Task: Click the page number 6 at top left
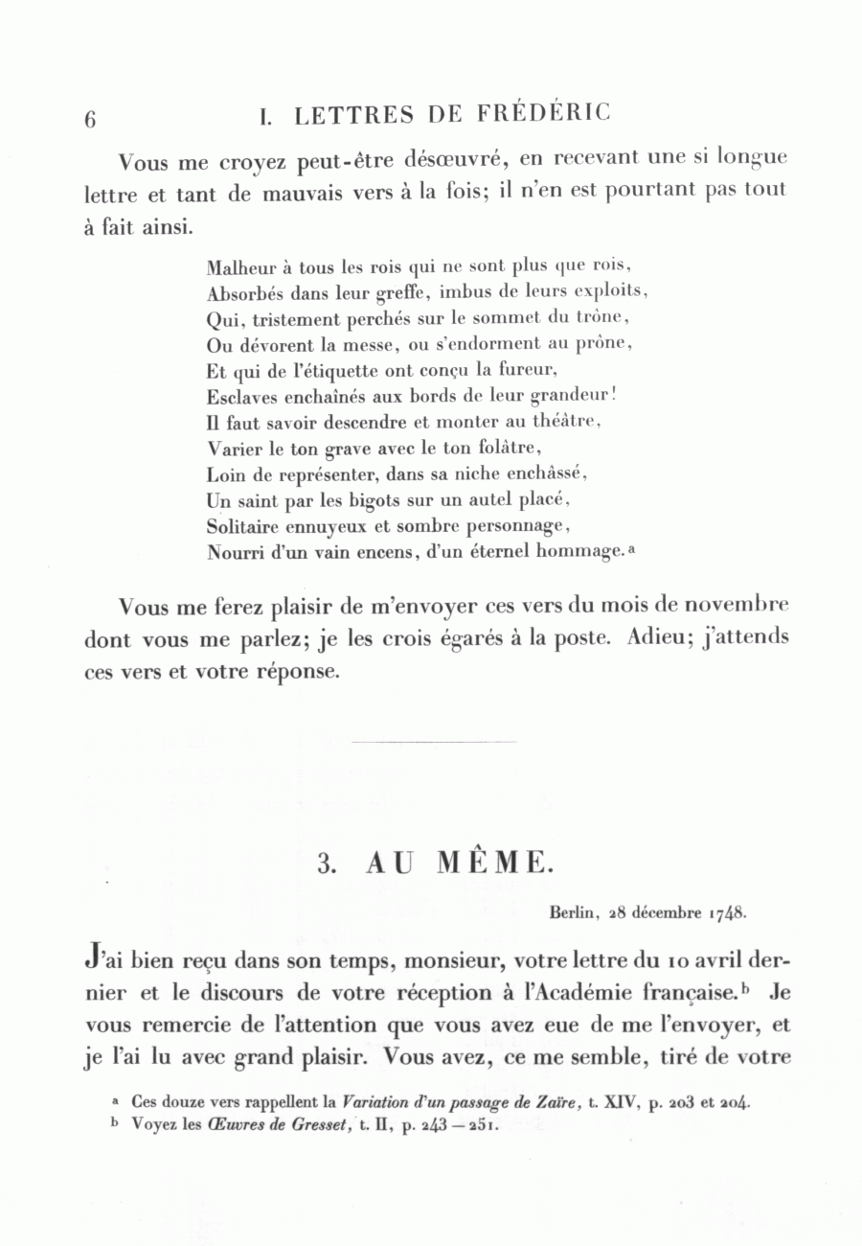(91, 119)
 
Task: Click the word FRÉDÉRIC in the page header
(542, 114)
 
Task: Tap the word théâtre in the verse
(563, 422)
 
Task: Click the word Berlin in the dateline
(574, 912)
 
